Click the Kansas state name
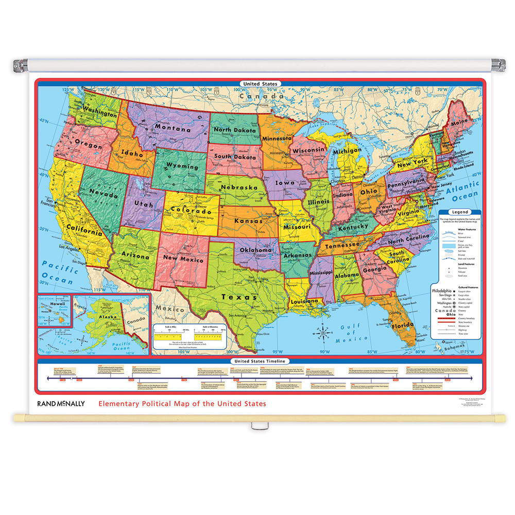249,220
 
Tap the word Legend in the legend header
460,212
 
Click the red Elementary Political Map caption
182,404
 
